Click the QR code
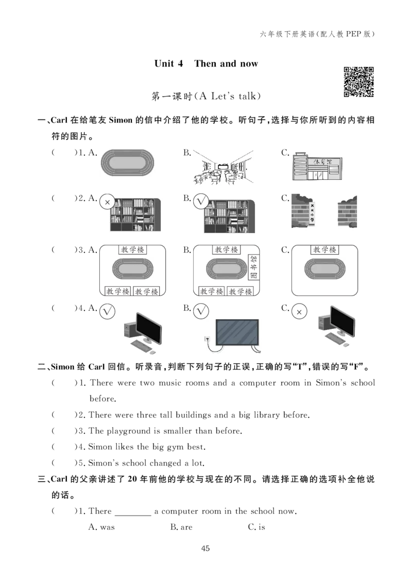pyautogui.click(x=360, y=80)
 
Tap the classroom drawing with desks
pyautogui.click(x=222, y=166)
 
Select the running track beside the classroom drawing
pyautogui.click(x=128, y=161)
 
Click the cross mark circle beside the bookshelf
pyautogui.click(x=107, y=203)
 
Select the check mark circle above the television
pyautogui.click(x=201, y=312)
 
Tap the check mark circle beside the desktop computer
pyautogui.click(x=107, y=312)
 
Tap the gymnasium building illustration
pyautogui.click(x=317, y=165)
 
